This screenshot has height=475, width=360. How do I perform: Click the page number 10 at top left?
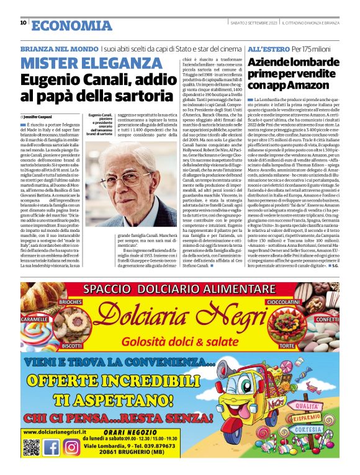click(23, 22)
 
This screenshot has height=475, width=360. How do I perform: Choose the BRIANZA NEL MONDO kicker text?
click(59, 48)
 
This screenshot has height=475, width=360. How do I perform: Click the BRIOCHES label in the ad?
click(71, 301)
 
